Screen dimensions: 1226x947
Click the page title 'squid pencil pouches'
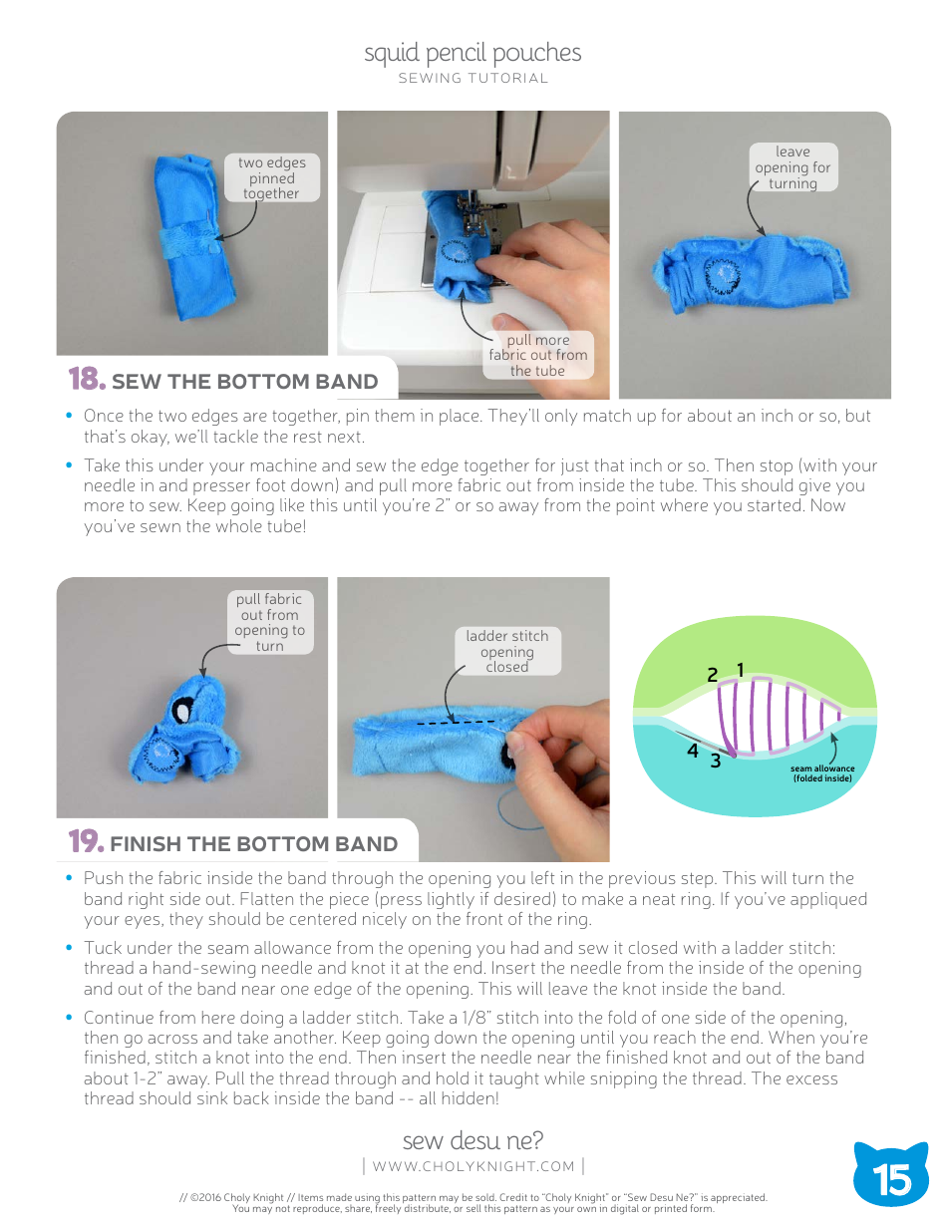point(473,53)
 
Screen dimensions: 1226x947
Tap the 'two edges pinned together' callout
point(271,177)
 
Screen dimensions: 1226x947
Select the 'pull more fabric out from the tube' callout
point(537,355)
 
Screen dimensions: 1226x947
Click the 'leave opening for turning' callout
point(792,167)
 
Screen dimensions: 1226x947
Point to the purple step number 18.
point(86,380)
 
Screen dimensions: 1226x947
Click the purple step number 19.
point(86,842)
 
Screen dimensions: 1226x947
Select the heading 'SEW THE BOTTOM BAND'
point(244,382)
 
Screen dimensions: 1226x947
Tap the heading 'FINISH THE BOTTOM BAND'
point(253,844)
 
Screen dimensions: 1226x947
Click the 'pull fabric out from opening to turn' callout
point(269,622)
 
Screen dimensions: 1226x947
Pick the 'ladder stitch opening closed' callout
point(506,651)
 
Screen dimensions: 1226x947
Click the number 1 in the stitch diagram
point(741,670)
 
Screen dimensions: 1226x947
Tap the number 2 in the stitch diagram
point(712,675)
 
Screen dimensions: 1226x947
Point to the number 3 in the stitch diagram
point(715,762)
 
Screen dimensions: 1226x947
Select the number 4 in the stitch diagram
point(692,751)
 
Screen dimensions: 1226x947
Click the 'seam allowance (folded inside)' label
point(822,773)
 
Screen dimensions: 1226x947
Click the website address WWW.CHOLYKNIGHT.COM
point(473,1166)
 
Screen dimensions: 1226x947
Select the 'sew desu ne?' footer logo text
point(473,1140)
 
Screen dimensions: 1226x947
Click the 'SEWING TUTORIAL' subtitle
point(473,79)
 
